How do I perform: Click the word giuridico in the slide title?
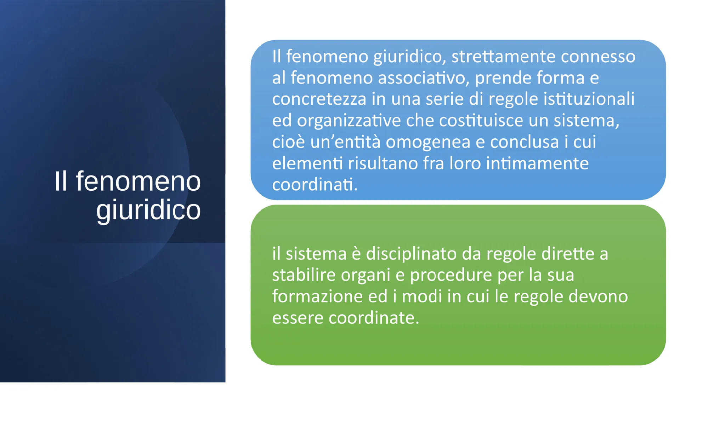pos(148,210)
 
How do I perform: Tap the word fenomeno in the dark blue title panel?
pos(138,181)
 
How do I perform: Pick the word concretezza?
pos(319,99)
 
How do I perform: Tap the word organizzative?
pos(349,121)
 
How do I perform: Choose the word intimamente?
pos(537,163)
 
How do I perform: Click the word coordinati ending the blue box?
pos(315,185)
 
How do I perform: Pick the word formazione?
pos(317,296)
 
